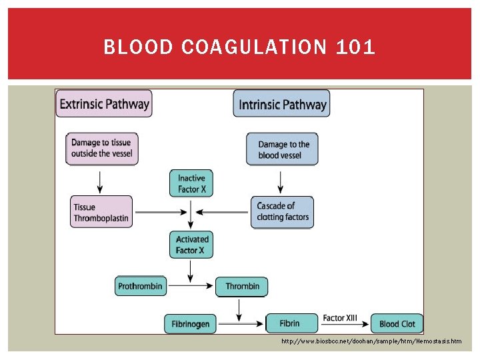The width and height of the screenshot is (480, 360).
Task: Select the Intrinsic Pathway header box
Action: click(282, 104)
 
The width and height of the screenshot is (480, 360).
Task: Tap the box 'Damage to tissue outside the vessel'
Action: click(102, 148)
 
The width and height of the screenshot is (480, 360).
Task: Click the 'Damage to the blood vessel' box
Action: click(283, 149)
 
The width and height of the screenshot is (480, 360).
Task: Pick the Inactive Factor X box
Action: click(191, 184)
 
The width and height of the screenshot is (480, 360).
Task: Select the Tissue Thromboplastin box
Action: click(101, 212)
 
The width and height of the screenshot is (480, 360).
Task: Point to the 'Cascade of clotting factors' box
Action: click(283, 211)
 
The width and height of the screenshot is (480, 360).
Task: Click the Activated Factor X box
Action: click(192, 245)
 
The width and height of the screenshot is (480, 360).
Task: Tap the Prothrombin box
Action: click(139, 287)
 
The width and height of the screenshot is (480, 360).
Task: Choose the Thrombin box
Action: click(242, 287)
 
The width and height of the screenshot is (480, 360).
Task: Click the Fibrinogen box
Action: click(191, 324)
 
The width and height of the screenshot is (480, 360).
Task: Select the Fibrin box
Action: click(289, 323)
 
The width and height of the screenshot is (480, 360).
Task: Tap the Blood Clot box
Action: click(397, 324)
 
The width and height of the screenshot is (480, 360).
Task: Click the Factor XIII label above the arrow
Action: click(340, 318)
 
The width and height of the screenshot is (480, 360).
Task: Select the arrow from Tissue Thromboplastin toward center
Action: click(158, 213)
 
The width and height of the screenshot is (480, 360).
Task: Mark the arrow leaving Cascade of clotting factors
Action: click(225, 213)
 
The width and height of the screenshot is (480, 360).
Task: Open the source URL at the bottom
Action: click(371, 341)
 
